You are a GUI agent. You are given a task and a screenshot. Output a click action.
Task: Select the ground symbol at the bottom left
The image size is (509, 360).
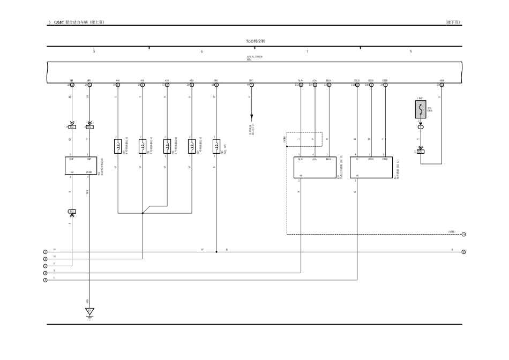(x=90, y=311)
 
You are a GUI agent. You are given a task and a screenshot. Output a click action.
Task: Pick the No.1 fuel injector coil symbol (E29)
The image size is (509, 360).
(x=192, y=145)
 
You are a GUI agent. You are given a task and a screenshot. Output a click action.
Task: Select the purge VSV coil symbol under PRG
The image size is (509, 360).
(x=216, y=145)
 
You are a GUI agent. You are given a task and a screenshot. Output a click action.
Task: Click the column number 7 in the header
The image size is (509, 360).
(x=307, y=51)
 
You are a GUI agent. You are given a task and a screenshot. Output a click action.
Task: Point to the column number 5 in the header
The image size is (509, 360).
(x=94, y=51)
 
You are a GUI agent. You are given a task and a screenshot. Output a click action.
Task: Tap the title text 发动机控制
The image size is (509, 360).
(x=255, y=41)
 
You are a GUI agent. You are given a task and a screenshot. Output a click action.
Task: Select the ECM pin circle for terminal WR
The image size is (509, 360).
(x=72, y=85)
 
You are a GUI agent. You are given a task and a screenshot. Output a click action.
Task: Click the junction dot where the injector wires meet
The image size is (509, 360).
(x=143, y=213)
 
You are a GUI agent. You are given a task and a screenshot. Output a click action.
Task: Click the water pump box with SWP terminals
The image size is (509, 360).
(x=80, y=166)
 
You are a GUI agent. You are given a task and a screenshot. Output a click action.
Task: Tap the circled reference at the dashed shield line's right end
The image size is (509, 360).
(x=463, y=234)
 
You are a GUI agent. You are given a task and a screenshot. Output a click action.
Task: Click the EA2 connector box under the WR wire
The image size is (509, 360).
(x=72, y=127)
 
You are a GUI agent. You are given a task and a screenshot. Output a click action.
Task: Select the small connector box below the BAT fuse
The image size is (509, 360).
(x=421, y=152)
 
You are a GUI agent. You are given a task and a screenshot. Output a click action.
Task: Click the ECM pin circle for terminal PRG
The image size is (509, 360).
(x=216, y=85)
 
